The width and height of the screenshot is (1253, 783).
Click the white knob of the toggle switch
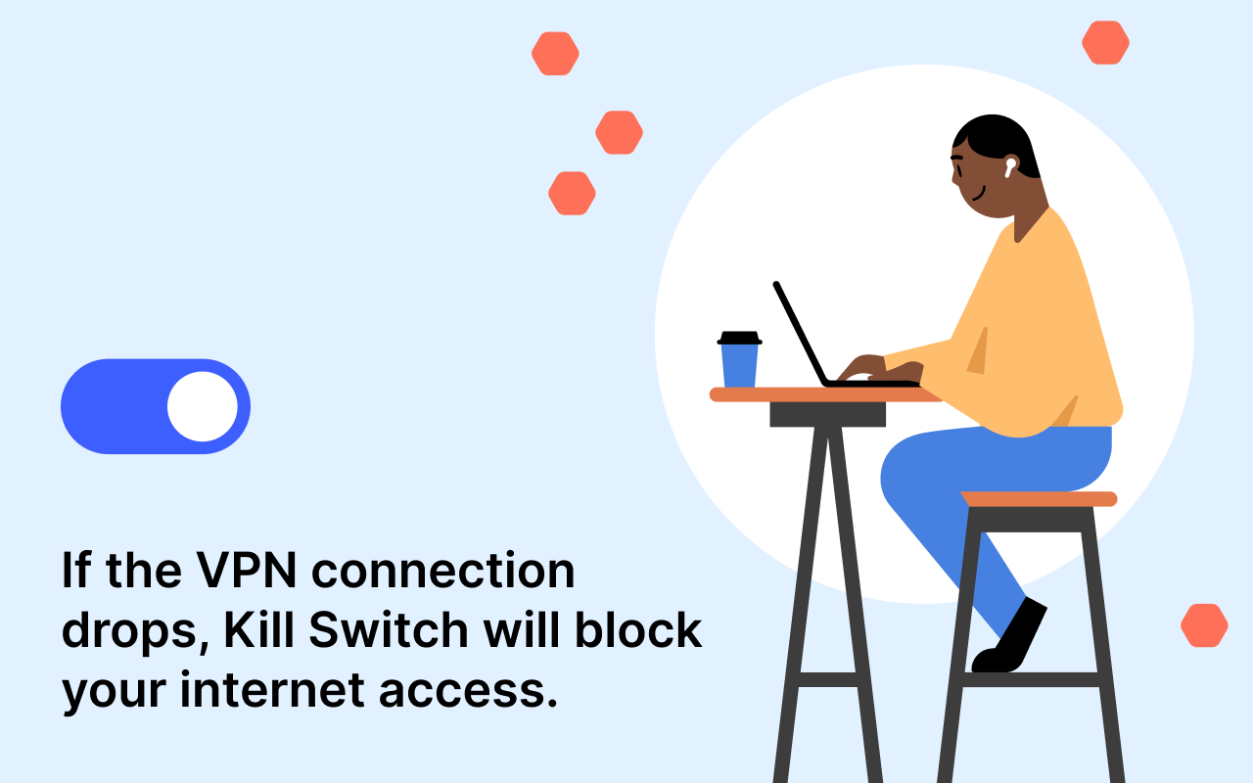[203, 406]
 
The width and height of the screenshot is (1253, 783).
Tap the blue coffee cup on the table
[739, 365]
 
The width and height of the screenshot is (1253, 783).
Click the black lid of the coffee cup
[739, 338]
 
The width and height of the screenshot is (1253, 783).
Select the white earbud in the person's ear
[1009, 166]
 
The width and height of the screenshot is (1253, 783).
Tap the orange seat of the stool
[1039, 499]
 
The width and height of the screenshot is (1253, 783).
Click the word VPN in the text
[246, 571]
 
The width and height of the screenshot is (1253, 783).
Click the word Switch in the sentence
[389, 629]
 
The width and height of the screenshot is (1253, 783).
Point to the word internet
[272, 690]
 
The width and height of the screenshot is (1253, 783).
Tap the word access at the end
[468, 691]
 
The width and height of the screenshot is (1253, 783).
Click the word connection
[443, 571]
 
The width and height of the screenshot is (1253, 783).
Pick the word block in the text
[638, 629]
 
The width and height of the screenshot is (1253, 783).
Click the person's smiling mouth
[979, 194]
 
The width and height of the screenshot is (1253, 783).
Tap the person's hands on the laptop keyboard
[881, 369]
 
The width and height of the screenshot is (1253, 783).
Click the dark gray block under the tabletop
[827, 414]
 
